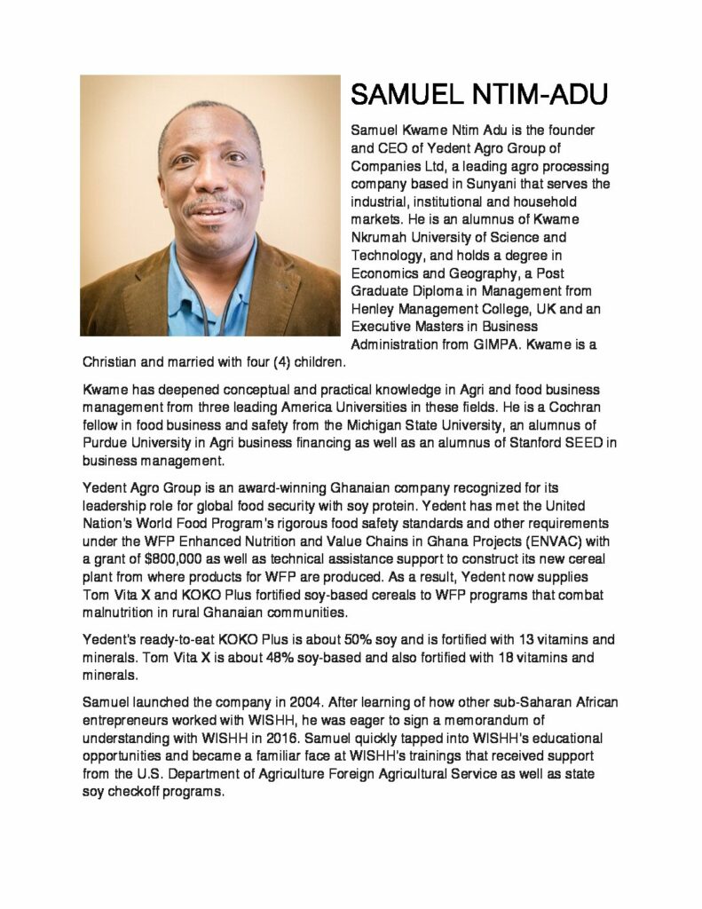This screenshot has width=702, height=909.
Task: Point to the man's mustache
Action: pyautogui.click(x=211, y=203)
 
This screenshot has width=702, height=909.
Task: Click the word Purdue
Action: pyautogui.click(x=106, y=444)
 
